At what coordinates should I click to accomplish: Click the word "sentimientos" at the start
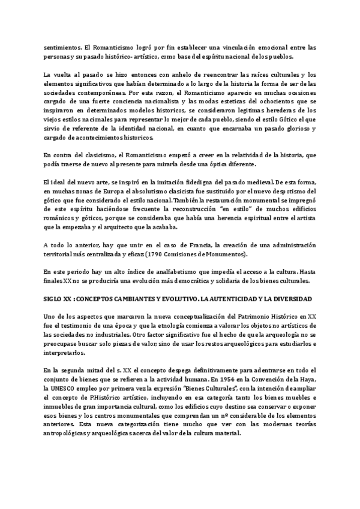coord(62,46)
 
